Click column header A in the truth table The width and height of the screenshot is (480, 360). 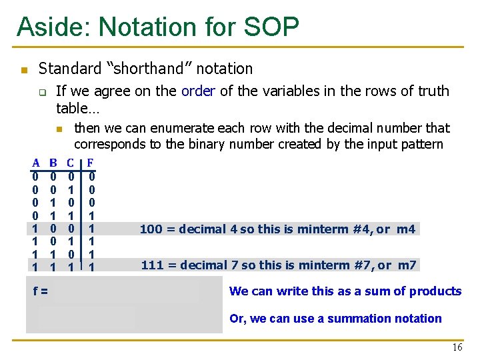[x=35, y=162]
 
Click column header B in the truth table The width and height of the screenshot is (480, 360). [x=53, y=162]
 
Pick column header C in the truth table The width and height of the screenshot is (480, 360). [x=70, y=162]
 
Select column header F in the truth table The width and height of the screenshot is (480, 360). [x=91, y=162]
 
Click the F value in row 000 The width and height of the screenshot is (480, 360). [x=91, y=177]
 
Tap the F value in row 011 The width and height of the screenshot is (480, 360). [x=91, y=215]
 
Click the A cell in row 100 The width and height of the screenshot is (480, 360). [x=35, y=228]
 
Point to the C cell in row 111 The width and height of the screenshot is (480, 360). [x=70, y=267]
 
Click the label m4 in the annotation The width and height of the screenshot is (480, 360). [x=406, y=229]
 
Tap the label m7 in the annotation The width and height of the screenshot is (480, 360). [x=407, y=265]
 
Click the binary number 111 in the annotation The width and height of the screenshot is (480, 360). [x=152, y=265]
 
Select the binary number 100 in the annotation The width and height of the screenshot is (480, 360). [x=151, y=229]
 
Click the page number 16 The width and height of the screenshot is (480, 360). [x=457, y=347]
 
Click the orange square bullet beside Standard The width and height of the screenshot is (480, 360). [x=23, y=69]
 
